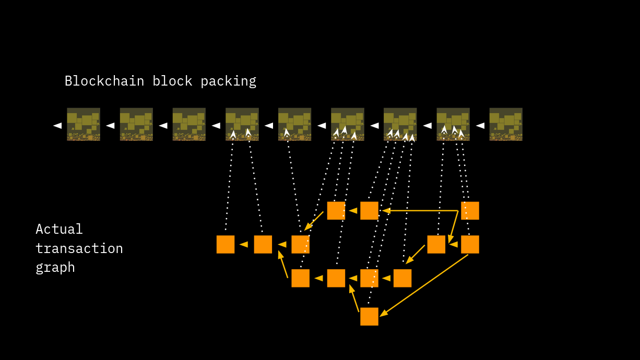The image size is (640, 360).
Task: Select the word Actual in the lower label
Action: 59,230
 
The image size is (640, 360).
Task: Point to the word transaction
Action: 79,248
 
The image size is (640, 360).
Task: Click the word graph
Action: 55,268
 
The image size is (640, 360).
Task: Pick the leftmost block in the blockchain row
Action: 84,124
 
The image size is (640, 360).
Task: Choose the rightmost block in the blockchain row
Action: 506,124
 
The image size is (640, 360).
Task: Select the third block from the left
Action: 189,124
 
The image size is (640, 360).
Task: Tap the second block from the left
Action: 136,124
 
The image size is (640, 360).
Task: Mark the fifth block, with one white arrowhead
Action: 294,124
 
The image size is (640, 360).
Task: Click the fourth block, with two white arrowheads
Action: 242,124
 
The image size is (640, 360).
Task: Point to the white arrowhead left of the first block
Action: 57,125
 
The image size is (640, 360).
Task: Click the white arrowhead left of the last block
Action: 480,125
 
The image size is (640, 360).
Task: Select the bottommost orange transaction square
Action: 369,316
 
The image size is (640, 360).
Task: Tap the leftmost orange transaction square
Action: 226,244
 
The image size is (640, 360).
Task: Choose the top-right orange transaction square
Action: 470,210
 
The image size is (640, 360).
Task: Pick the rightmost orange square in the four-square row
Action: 402,278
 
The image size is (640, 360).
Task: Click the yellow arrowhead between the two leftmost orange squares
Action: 244,244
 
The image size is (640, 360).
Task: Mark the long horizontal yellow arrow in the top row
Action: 420,210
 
